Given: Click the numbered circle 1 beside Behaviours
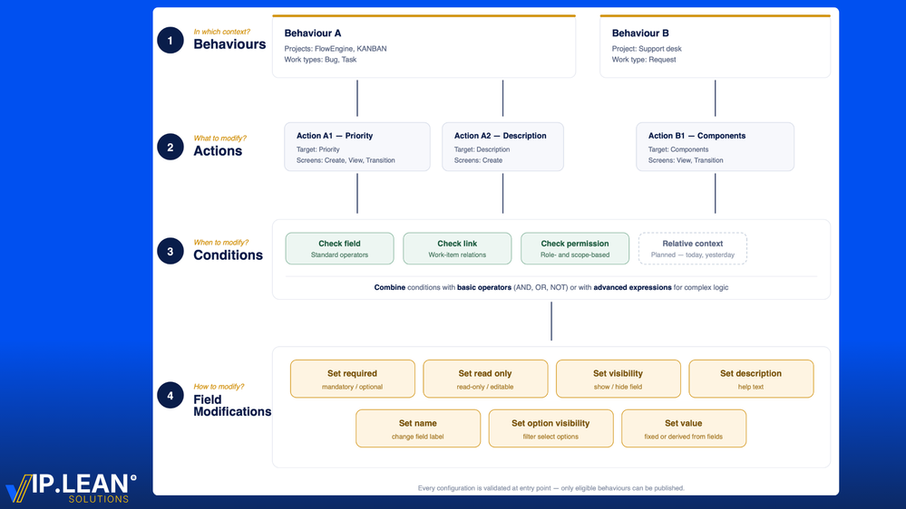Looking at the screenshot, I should [170, 40].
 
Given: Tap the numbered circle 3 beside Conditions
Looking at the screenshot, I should [170, 251].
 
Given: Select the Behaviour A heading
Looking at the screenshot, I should [313, 34].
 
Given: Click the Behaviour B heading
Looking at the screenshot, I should [640, 34].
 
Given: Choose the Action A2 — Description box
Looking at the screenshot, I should [502, 147].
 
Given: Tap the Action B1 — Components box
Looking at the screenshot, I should [715, 147].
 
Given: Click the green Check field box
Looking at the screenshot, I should [339, 249].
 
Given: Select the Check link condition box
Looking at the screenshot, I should [457, 249].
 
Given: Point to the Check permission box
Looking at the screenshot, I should [575, 249].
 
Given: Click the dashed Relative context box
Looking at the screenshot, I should [693, 249].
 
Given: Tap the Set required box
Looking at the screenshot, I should [352, 379].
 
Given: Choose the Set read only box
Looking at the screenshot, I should [485, 379].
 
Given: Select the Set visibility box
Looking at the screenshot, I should [618, 379].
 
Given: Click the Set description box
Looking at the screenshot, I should [751, 379].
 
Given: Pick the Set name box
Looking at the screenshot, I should [418, 428].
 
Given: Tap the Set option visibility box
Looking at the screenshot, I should [550, 428].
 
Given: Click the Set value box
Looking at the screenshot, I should [684, 428].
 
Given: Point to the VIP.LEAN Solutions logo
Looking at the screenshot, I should [71, 486].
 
